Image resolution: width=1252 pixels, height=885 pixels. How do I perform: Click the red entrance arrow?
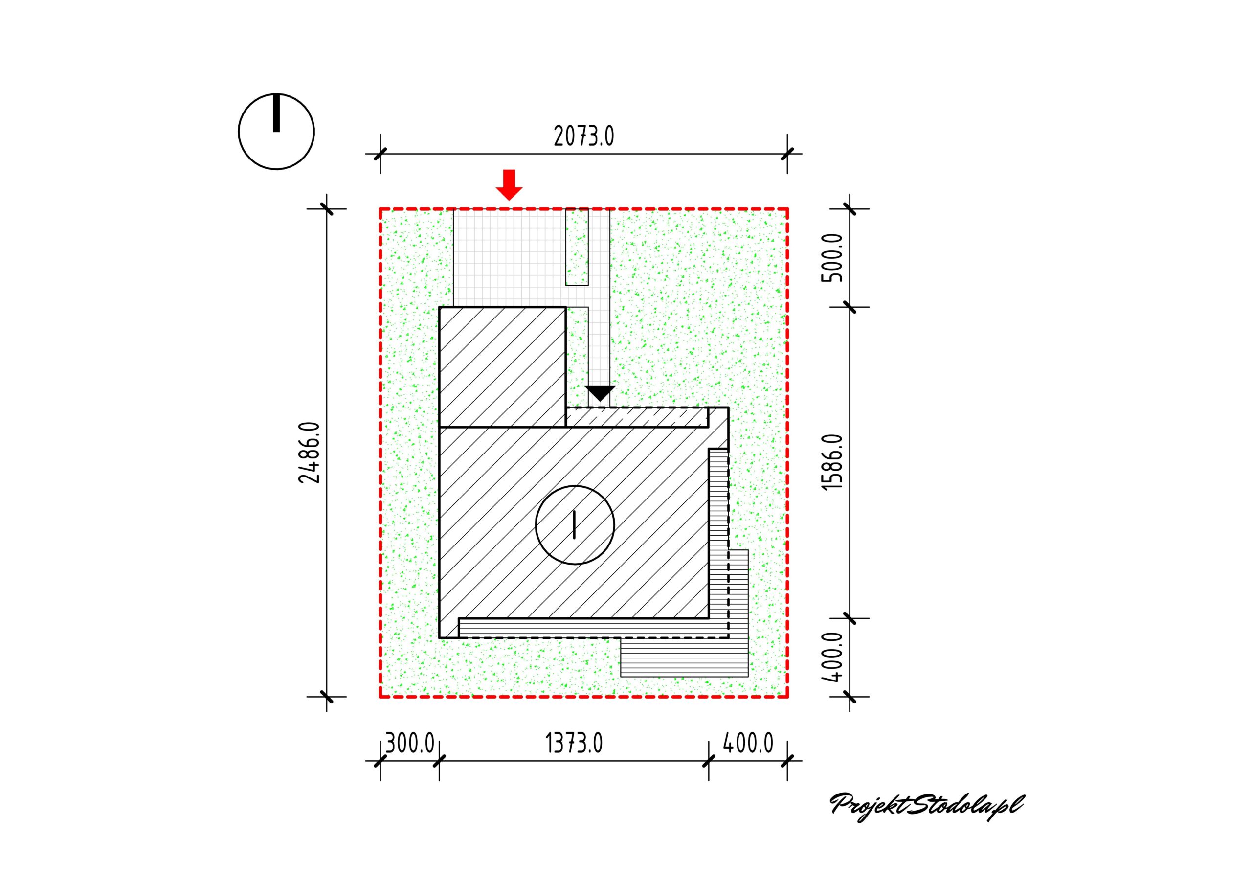509,185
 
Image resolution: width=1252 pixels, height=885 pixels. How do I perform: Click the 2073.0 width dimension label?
583,136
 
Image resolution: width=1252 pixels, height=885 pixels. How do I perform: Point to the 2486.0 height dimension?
310,453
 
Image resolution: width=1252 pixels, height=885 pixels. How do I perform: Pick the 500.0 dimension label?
832,257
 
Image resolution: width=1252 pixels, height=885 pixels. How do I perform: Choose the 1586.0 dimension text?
832,463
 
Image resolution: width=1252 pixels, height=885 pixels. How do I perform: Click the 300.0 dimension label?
409,743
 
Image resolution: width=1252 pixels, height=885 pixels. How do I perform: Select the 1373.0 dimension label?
574,743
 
